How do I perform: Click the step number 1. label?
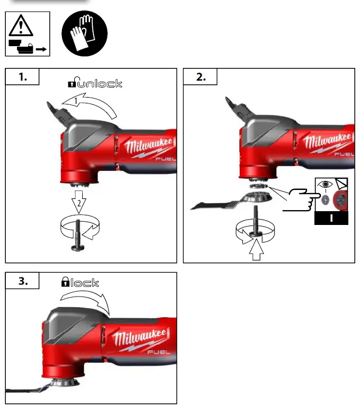(x=23, y=77)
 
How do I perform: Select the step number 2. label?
(x=200, y=77)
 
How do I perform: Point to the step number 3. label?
(x=23, y=281)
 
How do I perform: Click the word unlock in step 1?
(x=100, y=83)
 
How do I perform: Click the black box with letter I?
(x=330, y=218)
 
